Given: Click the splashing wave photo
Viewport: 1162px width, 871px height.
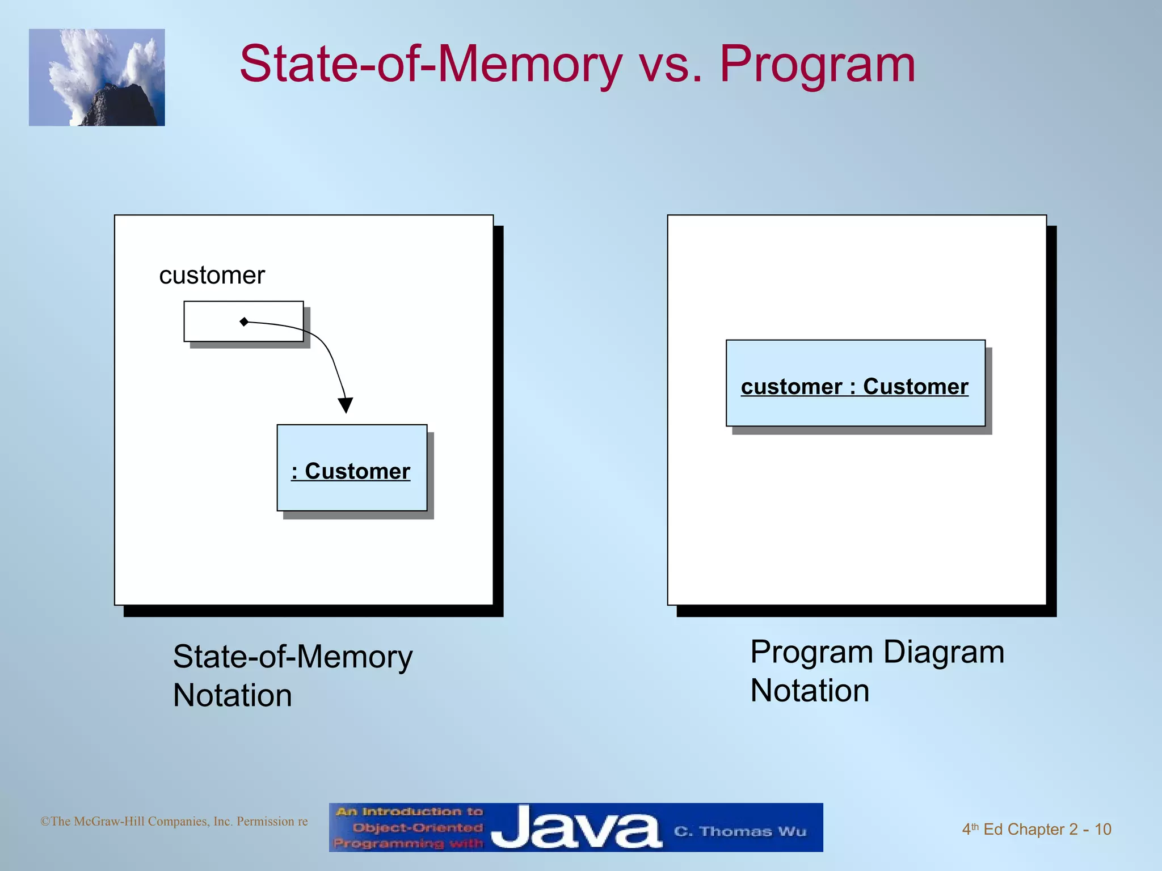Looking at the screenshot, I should coord(97,78).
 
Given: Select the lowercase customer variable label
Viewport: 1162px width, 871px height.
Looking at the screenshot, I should coord(212,276).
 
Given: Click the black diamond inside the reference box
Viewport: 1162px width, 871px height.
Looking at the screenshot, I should coord(244,322).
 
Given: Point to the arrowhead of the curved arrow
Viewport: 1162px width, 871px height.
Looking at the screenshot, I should coord(346,405).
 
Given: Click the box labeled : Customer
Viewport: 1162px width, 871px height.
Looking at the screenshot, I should coord(352,468).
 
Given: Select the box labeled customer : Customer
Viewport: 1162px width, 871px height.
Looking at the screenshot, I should coord(855,383).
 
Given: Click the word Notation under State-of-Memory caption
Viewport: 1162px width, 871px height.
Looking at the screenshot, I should coord(233,695).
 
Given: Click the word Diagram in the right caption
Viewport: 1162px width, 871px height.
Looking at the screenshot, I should coord(944,652).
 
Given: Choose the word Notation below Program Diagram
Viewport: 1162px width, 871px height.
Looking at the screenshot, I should coord(810,691).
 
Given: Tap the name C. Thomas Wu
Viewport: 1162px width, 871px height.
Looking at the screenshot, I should coord(739,831).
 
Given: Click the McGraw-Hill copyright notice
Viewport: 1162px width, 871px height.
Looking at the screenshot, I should coord(174,822).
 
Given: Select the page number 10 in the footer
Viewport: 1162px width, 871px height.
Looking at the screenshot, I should coord(1102,830).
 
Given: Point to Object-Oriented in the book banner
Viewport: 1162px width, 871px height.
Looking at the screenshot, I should coord(417,827).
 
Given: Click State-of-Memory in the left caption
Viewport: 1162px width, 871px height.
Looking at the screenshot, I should coord(293,657).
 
